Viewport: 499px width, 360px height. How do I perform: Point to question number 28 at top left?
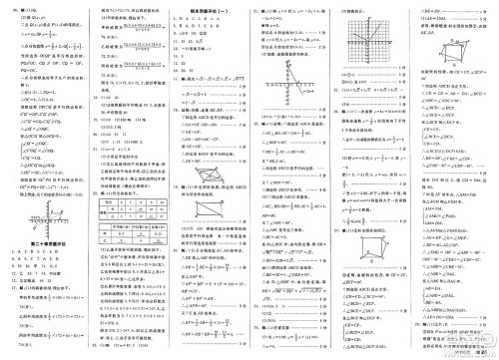pyautogui.click(x=10, y=6)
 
